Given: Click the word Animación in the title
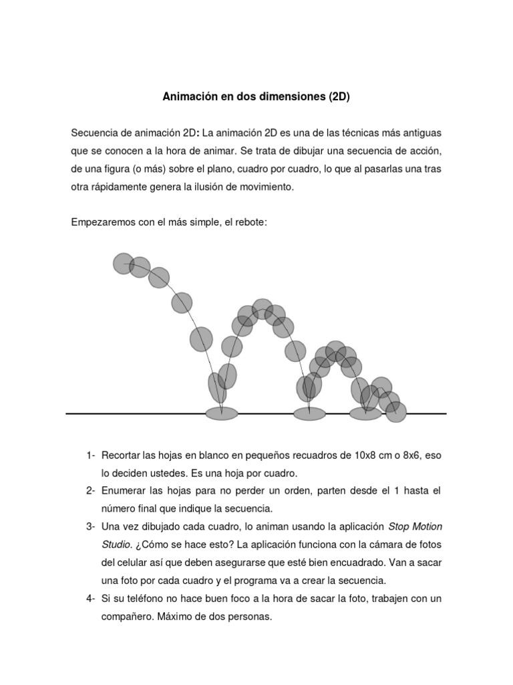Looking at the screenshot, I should pos(188,96).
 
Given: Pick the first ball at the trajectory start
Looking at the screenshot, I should pos(123,264).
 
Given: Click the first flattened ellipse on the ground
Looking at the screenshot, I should pos(222,413).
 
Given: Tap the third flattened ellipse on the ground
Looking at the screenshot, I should pos(365,413).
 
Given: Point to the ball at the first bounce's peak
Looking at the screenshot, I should pos(263,309).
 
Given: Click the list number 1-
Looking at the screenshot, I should pos(91,456).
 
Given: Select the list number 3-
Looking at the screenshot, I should pos(91,526).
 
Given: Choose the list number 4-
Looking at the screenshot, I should pos(91,598).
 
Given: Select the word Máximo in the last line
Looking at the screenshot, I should pos(176,616).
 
